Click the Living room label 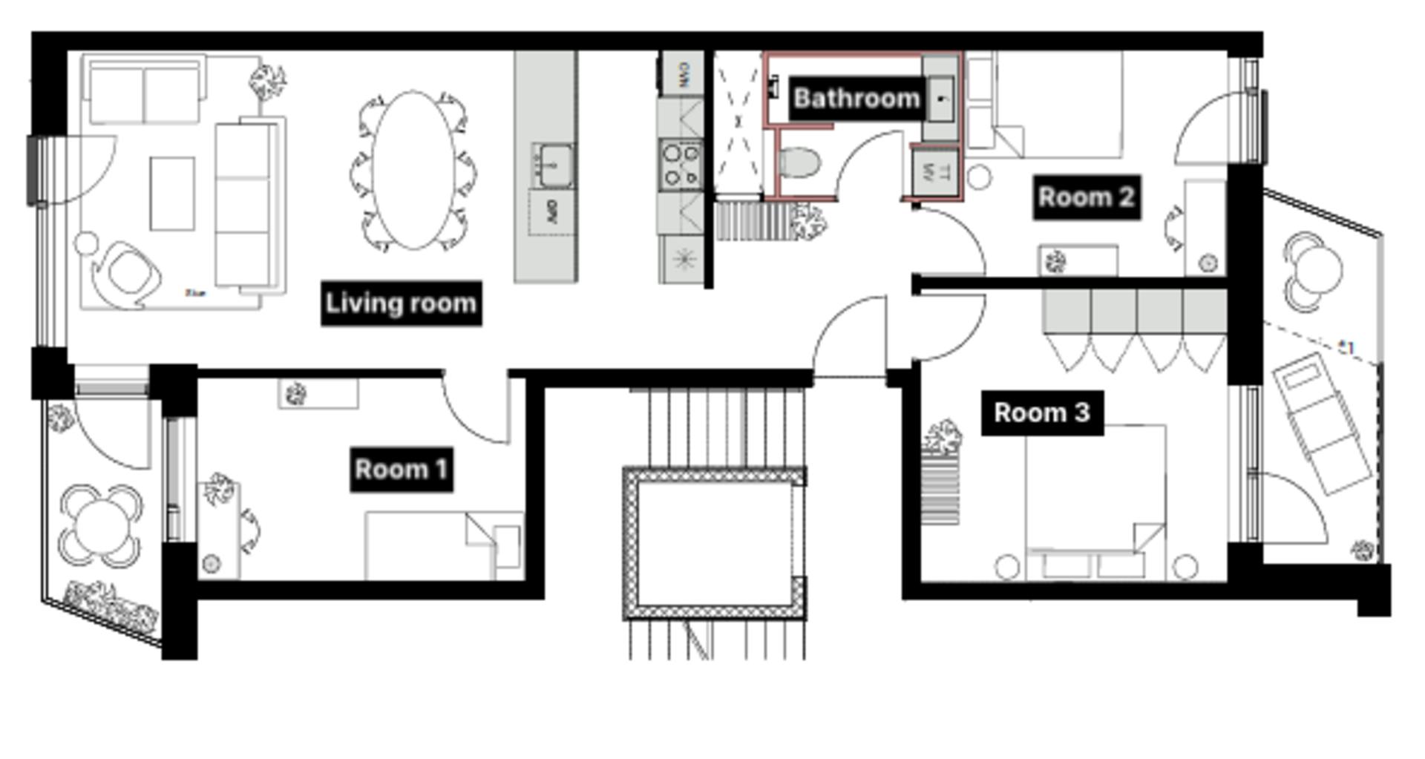pos(401,303)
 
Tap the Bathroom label pos(856,98)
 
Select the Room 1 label pos(401,469)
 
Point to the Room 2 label pos(1086,197)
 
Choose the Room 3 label pos(1041,413)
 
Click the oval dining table pos(413,170)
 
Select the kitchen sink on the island pos(552,164)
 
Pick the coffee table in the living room pos(172,193)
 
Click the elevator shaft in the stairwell pos(714,543)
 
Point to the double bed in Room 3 pos(1095,497)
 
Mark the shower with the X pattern pos(738,122)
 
